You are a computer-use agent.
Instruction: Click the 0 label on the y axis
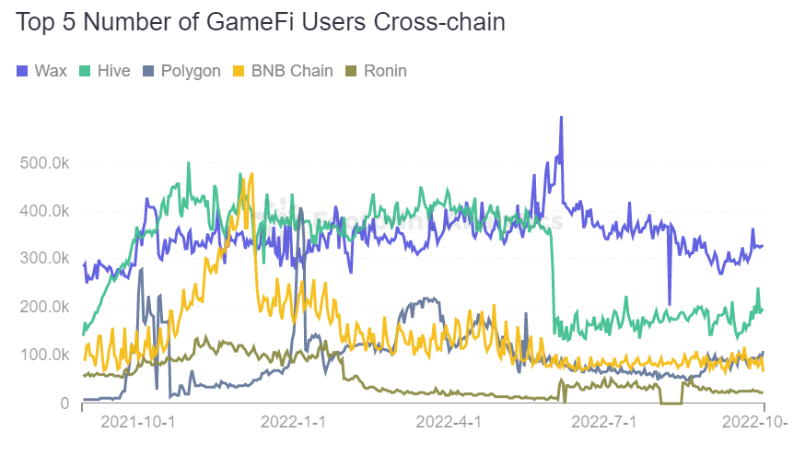click(64, 403)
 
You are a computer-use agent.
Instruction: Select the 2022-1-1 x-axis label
click(295, 422)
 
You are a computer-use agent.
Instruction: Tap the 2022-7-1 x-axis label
click(605, 422)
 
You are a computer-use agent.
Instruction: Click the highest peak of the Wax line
click(560, 118)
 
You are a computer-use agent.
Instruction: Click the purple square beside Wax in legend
click(22, 71)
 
